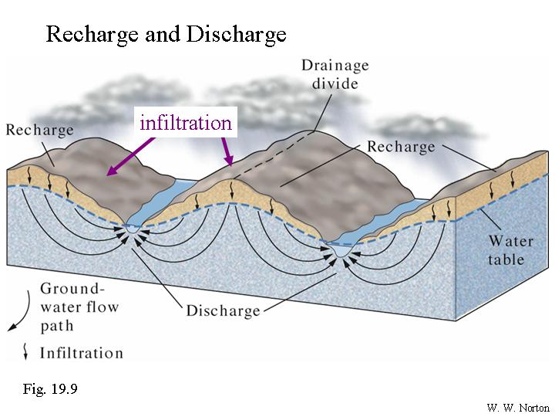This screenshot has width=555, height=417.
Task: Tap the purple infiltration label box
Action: pyautogui.click(x=186, y=122)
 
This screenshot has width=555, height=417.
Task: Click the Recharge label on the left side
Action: pyautogui.click(x=40, y=130)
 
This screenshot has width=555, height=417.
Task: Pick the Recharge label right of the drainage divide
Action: pyautogui.click(x=401, y=146)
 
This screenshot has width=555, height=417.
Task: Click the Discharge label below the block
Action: pyautogui.click(x=223, y=311)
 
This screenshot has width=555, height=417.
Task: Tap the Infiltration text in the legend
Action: pyautogui.click(x=81, y=353)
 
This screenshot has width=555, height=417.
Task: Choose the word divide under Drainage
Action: pyautogui.click(x=335, y=83)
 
